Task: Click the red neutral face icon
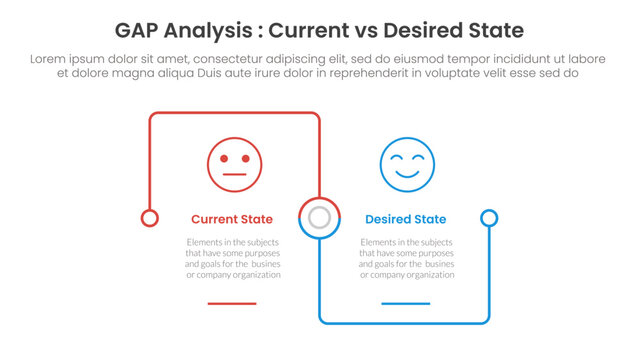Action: pos(235,164)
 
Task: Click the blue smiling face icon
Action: pos(407,164)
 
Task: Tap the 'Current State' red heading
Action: pos(232,219)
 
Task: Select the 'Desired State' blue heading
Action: pos(406,219)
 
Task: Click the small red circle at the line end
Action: pos(150,218)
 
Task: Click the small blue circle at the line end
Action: pos(489,218)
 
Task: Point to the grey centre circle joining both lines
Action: pos(320,218)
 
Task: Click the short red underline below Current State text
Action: pos(232,303)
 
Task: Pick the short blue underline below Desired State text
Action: pos(406,303)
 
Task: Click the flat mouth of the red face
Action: pos(235,175)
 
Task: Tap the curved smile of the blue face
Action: pos(407,174)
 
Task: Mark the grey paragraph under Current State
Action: pos(232,259)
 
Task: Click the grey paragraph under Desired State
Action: pos(406,259)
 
